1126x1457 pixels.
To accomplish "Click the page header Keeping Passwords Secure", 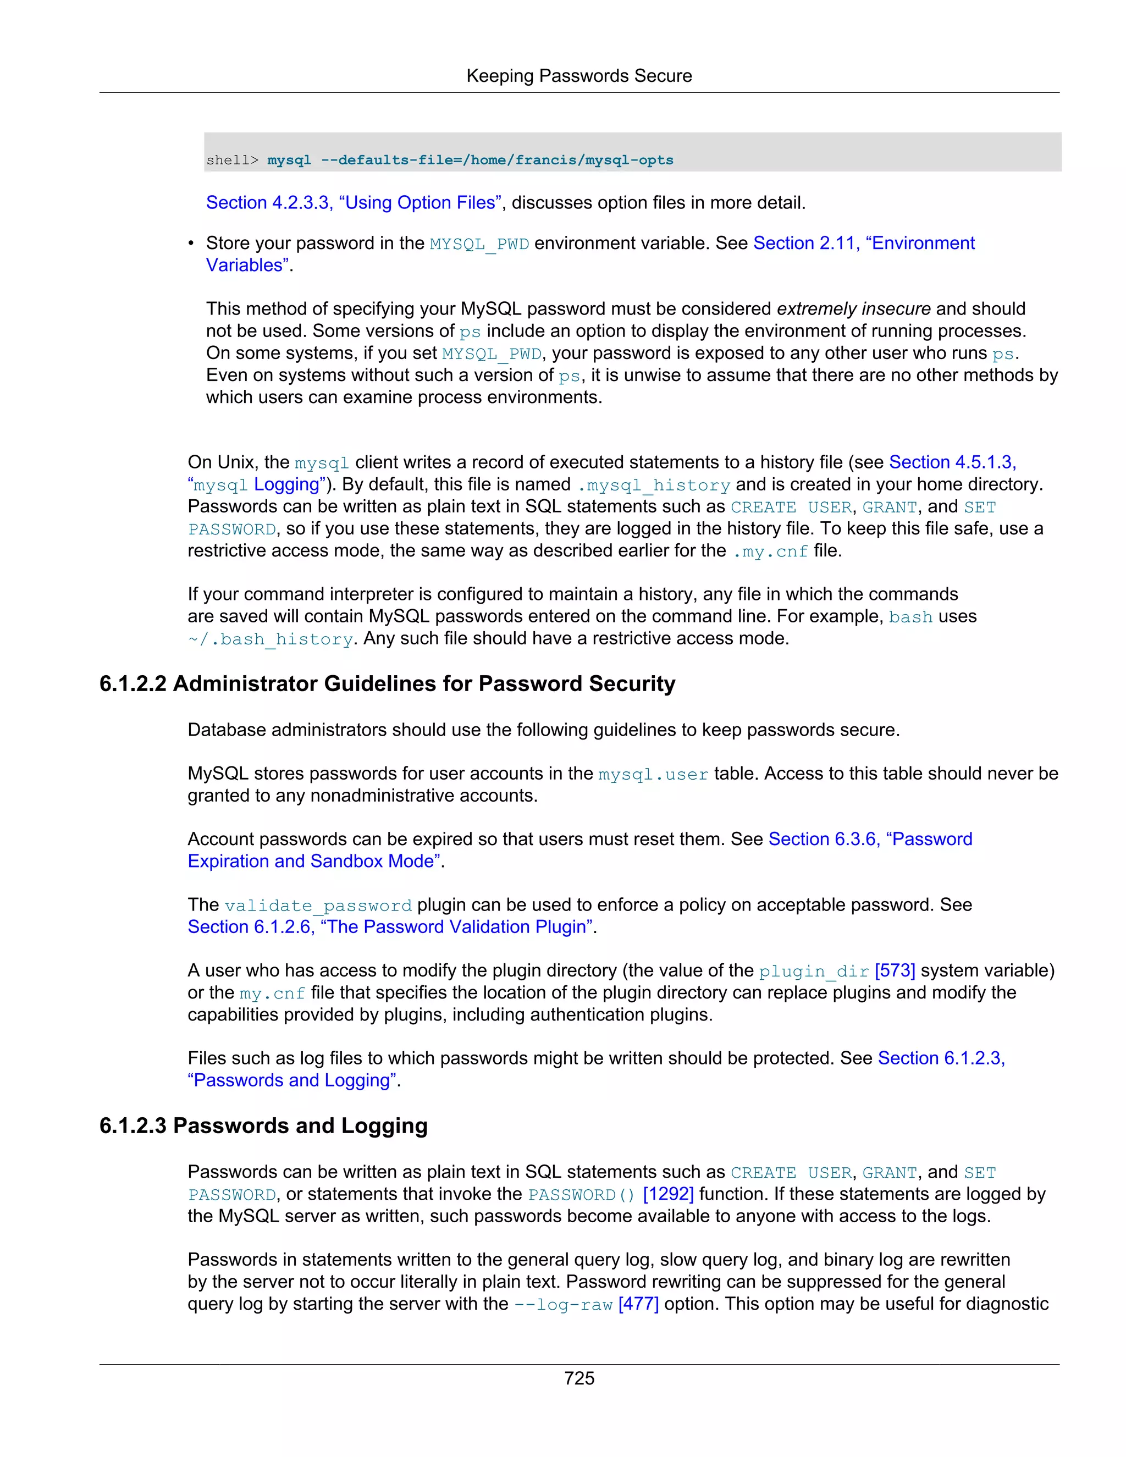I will click(578, 75).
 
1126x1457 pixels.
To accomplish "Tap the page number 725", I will click(578, 1378).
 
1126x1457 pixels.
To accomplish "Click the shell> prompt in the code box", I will click(232, 160).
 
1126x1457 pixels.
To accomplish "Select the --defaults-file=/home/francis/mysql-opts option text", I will click(497, 160).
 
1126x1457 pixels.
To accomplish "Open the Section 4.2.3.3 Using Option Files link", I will click(354, 203).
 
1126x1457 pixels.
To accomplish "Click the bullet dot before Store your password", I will click(191, 244).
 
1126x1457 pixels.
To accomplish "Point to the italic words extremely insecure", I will click(853, 309).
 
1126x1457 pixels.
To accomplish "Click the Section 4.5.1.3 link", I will click(952, 462).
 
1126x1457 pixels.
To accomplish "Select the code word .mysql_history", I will click(653, 485).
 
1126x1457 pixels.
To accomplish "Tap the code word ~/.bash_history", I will click(270, 639).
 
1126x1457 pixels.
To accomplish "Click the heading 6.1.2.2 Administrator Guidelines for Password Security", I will click(387, 684).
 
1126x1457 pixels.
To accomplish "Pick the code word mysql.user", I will click(653, 774).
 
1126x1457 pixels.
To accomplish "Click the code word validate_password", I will click(318, 906).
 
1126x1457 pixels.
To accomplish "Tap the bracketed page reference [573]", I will click(895, 970).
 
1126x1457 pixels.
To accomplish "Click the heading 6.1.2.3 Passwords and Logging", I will click(263, 1125).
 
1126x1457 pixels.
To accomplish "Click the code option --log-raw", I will click(563, 1304).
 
